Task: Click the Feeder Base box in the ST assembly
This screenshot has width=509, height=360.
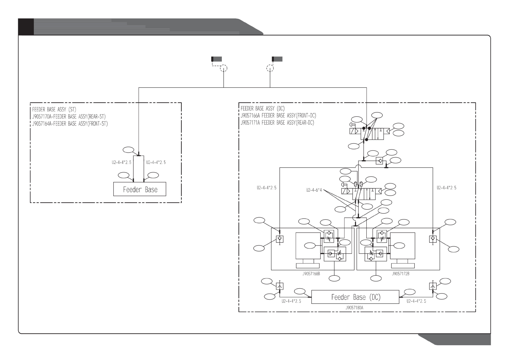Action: coord(140,189)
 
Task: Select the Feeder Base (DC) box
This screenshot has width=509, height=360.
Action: coord(355,297)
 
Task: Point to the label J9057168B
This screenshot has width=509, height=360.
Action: coord(311,274)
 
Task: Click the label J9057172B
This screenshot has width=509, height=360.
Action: coord(400,274)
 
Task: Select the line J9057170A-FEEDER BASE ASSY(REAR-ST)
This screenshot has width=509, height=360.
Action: coord(69,116)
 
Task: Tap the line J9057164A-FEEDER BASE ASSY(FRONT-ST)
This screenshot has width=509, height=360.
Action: coord(70,124)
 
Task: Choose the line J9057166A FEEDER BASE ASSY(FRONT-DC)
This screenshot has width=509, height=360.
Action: coord(278,115)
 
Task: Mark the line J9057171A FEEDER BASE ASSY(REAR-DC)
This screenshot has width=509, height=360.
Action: coord(277,123)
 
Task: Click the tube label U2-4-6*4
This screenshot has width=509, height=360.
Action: coord(314,190)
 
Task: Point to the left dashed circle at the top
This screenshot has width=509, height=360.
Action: coord(223,68)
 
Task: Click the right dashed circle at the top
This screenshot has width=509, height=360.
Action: coord(270,68)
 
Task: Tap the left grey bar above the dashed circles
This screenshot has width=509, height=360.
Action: coord(216,59)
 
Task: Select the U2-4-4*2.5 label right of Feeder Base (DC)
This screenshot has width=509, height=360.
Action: coord(416,301)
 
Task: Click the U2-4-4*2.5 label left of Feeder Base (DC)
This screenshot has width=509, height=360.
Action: coord(291,301)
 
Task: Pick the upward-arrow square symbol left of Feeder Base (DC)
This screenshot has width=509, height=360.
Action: coord(280,286)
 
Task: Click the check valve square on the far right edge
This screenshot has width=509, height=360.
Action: coord(433,239)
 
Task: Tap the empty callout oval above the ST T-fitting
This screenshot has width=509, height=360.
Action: coord(128,150)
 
